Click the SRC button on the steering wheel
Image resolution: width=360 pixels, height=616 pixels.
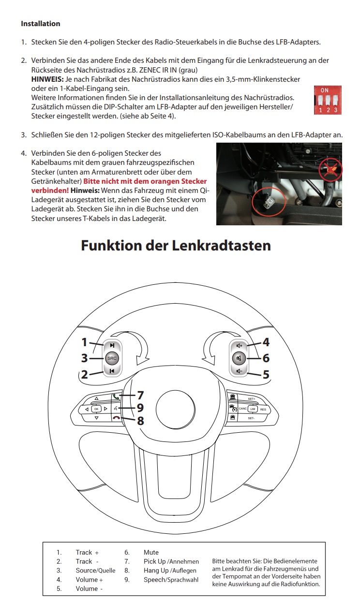point(112,358)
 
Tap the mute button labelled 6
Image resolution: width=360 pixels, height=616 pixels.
point(239,358)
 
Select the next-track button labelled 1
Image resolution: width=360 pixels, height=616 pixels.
point(112,345)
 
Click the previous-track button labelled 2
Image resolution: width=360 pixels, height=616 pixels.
point(112,371)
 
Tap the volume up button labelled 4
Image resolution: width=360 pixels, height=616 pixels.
point(239,346)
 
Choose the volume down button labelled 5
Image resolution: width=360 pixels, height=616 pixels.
point(239,371)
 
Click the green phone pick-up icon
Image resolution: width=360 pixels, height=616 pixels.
point(116,396)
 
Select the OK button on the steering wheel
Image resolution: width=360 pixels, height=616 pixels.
point(96,409)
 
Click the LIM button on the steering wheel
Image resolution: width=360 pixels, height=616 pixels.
point(252,409)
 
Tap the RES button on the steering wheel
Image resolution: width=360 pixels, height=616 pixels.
point(263,410)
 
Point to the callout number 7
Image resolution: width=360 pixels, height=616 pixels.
point(140,395)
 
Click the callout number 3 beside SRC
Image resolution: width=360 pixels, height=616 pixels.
point(84,358)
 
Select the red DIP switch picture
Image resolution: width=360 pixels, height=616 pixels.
point(328,100)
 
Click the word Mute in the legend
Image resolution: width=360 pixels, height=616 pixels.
point(151,552)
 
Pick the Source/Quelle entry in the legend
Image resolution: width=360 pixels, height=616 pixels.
point(95,571)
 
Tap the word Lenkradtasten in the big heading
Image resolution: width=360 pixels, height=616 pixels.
point(221,245)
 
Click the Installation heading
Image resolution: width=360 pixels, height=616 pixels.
point(41,24)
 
